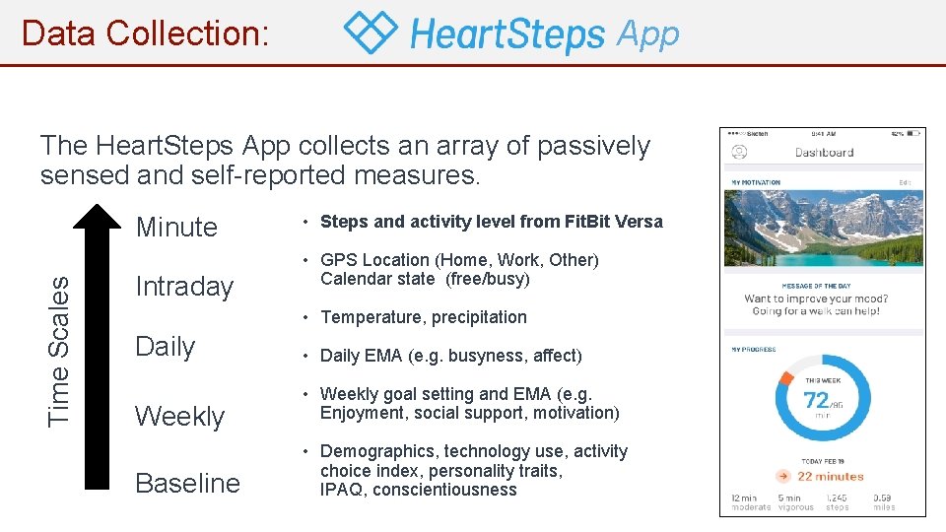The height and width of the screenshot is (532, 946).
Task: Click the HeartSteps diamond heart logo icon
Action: [371, 33]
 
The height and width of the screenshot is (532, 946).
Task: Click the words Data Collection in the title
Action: [145, 33]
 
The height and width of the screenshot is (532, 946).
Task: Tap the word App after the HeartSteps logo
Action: [647, 34]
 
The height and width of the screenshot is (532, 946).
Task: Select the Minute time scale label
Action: [176, 227]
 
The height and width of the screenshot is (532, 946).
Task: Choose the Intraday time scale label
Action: [184, 287]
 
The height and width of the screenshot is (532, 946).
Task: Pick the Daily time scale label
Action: [165, 347]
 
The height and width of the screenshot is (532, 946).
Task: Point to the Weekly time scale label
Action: [179, 416]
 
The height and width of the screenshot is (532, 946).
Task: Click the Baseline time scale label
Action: [187, 483]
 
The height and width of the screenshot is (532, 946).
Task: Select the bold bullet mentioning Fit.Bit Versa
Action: [491, 222]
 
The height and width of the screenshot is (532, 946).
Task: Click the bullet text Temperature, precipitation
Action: [423, 317]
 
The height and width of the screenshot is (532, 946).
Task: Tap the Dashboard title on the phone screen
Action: [824, 153]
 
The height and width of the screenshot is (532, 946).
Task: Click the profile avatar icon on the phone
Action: [739, 153]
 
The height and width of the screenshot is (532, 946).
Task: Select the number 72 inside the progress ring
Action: [816, 400]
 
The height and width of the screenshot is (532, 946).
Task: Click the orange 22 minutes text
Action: [831, 476]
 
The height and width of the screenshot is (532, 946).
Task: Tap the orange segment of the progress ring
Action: [785, 377]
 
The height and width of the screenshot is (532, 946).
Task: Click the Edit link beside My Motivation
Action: [905, 182]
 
